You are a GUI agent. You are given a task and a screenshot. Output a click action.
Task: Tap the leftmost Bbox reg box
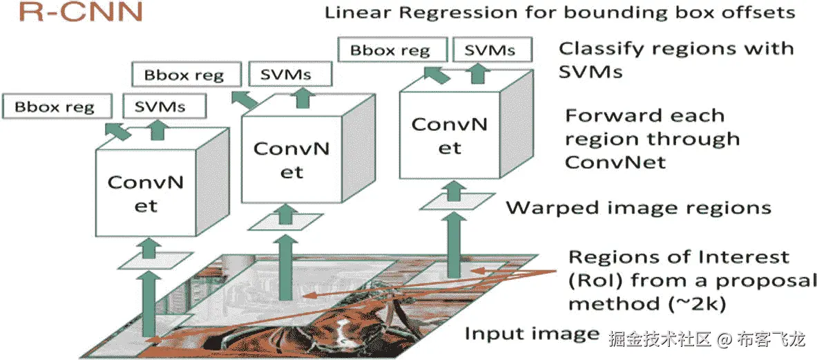tap(55, 106)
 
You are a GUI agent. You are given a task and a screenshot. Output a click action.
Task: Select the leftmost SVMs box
tap(160, 106)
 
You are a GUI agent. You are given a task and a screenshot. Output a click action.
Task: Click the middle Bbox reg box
tap(184, 74)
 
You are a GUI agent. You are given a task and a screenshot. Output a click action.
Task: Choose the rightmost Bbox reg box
tap(390, 50)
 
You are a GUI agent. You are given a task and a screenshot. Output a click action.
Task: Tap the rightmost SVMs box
tap(489, 50)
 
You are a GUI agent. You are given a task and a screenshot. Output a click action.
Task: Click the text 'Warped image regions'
tap(638, 207)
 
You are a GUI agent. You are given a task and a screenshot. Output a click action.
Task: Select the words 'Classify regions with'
tap(675, 49)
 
